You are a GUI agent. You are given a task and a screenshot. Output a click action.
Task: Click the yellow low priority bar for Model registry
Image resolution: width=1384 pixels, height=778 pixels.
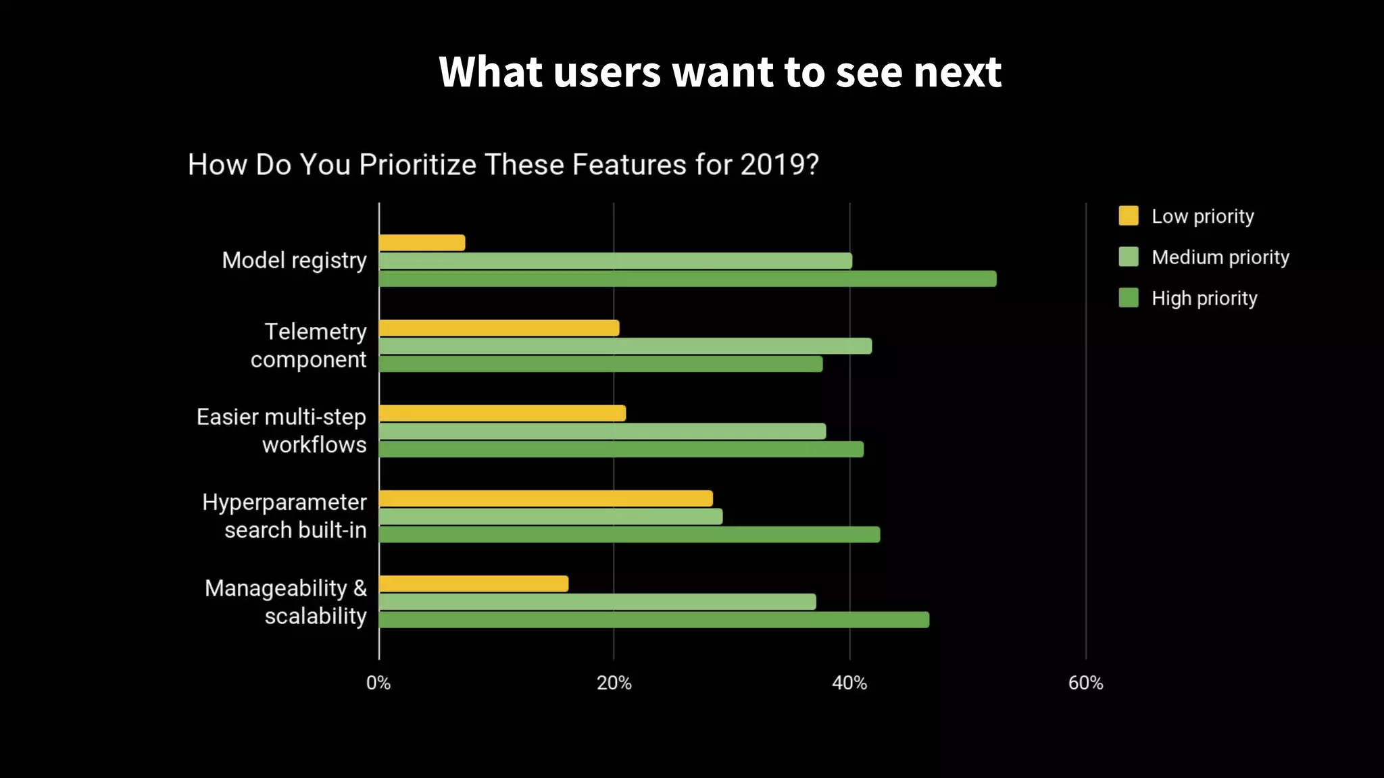[x=422, y=243]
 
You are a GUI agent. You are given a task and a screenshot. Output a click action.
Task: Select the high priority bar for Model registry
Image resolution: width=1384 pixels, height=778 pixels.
[x=687, y=279]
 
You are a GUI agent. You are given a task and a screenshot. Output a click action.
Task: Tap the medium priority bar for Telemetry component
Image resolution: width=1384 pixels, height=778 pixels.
[x=625, y=346]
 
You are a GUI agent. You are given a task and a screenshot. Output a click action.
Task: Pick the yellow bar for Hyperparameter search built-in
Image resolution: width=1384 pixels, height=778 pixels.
[x=546, y=499]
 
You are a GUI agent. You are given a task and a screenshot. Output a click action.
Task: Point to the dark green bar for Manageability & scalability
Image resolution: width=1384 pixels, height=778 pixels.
[x=654, y=620]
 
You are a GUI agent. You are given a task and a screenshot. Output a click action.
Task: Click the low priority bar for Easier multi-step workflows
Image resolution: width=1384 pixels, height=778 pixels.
[x=502, y=413]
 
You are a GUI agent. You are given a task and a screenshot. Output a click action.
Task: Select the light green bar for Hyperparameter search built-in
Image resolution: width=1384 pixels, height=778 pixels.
[x=551, y=517]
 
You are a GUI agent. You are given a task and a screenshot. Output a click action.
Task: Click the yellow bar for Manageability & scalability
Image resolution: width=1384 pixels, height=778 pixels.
[x=474, y=584]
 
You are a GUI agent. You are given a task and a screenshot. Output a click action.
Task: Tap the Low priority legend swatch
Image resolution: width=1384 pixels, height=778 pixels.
[x=1129, y=216]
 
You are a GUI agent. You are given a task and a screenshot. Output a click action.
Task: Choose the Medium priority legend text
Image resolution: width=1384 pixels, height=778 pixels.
[x=1220, y=257]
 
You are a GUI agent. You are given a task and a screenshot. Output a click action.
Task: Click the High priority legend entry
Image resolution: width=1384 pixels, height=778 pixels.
[x=1204, y=299]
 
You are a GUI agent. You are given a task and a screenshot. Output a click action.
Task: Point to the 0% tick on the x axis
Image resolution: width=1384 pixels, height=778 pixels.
[x=378, y=683]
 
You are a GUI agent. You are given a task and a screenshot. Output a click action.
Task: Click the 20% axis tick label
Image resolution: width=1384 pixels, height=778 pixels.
[x=614, y=683]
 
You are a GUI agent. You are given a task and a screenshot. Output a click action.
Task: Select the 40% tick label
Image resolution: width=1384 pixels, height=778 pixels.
[x=849, y=683]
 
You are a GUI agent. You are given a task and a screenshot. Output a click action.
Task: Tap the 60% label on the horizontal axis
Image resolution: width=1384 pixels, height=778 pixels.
[x=1085, y=683]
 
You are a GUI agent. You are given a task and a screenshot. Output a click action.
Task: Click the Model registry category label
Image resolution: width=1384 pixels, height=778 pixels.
[x=294, y=261]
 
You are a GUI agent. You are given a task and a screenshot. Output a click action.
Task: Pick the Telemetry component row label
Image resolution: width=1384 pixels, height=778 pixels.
[x=309, y=346]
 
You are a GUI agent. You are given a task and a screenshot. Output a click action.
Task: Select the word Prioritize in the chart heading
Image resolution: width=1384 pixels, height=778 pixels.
[x=418, y=165]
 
